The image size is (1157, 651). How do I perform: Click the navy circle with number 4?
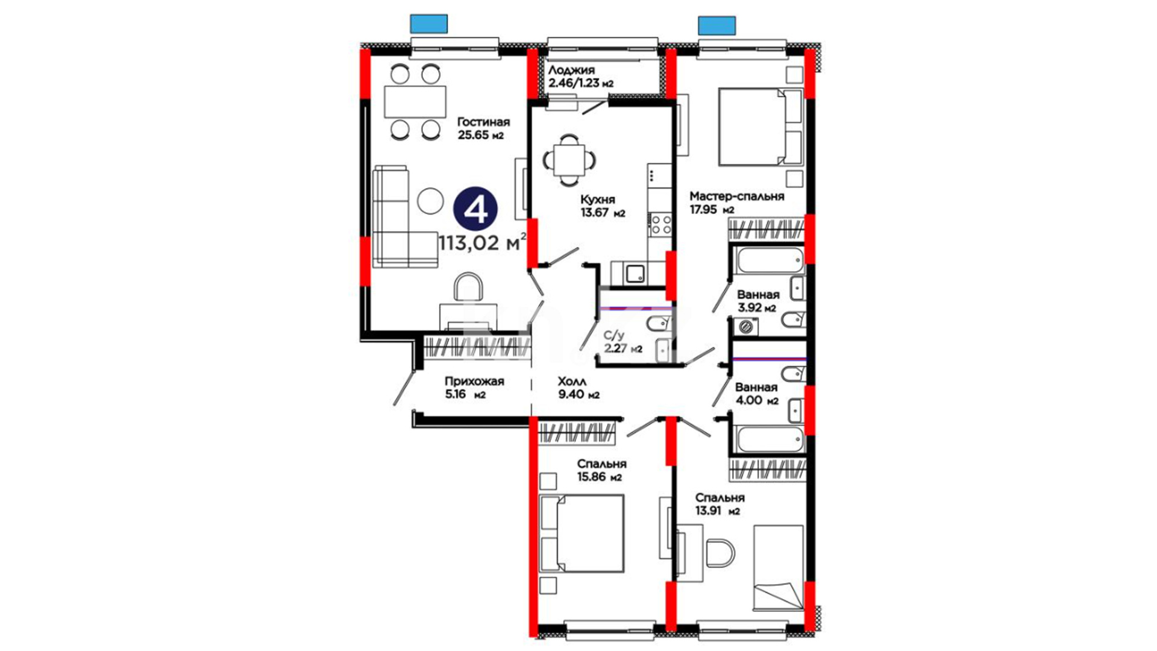click(x=475, y=209)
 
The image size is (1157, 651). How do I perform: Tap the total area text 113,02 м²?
click(x=482, y=243)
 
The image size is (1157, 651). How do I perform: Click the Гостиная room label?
click(x=483, y=122)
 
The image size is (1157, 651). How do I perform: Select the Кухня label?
click(x=598, y=200)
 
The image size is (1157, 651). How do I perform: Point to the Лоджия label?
click(x=571, y=71)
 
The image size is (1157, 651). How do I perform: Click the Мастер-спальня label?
click(x=737, y=197)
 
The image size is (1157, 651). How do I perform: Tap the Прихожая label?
click(x=474, y=382)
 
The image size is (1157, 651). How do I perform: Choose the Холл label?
click(x=572, y=382)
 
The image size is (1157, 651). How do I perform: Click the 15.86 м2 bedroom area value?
click(x=599, y=477)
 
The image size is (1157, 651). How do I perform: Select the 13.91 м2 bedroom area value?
click(x=718, y=511)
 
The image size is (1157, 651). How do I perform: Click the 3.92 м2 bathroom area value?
click(x=757, y=307)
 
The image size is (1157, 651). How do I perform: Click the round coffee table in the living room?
click(x=430, y=201)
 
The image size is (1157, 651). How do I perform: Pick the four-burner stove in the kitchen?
click(x=660, y=224)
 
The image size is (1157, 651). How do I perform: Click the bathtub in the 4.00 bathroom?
click(x=769, y=439)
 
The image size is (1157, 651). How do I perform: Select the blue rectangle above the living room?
click(x=428, y=24)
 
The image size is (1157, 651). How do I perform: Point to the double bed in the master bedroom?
click(x=760, y=127)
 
